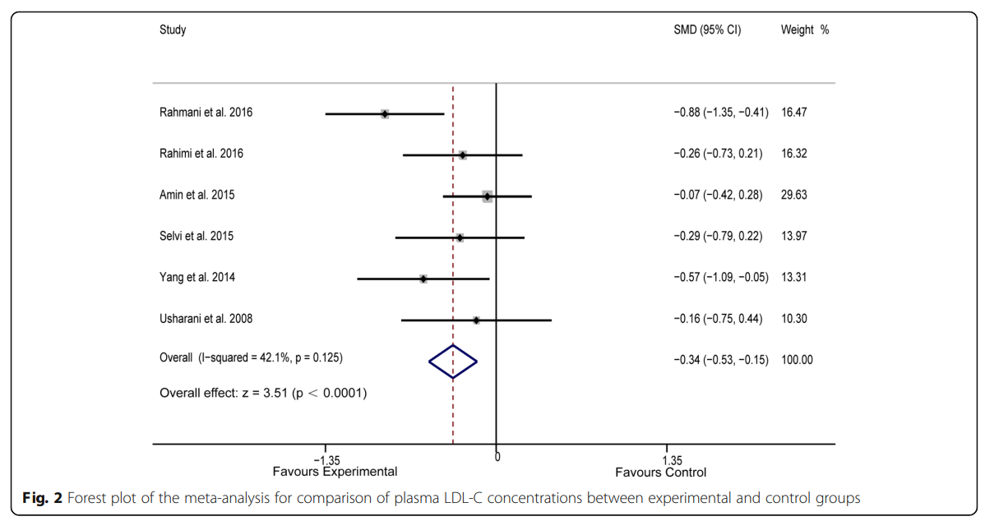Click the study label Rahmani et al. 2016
(x=206, y=113)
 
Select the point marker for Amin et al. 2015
(x=488, y=196)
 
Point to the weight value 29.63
(x=794, y=196)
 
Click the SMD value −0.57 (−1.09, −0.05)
(x=720, y=278)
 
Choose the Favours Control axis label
(x=660, y=473)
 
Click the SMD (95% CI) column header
(x=707, y=30)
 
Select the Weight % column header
(x=804, y=30)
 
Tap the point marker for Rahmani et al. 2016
(x=385, y=113)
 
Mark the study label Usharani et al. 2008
(x=211, y=319)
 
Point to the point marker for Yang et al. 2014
(x=423, y=279)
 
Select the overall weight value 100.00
(x=797, y=360)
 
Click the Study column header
(x=173, y=30)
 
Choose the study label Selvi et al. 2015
(x=197, y=237)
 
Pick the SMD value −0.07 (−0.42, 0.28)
(x=718, y=196)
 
